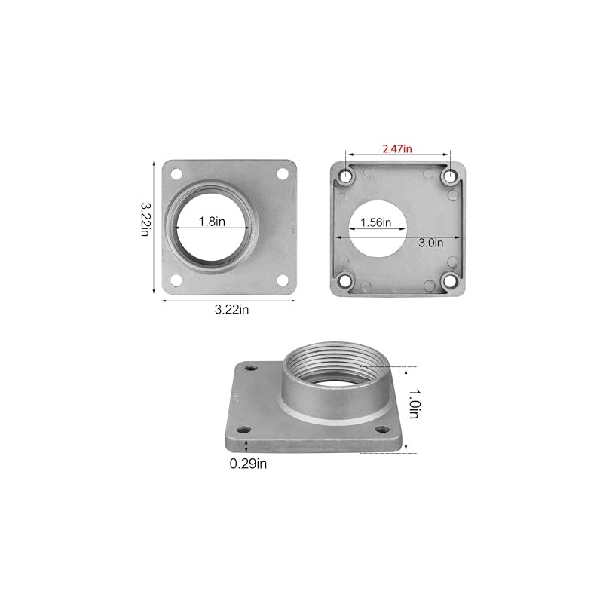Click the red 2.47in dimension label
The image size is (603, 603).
pyautogui.click(x=396, y=149)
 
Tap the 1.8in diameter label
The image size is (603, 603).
pyautogui.click(x=212, y=222)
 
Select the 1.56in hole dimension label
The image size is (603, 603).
pyautogui.click(x=375, y=222)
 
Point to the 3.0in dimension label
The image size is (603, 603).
pyautogui.click(x=430, y=243)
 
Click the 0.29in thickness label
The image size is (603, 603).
pyautogui.click(x=249, y=464)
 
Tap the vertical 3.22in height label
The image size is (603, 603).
pyautogui.click(x=146, y=218)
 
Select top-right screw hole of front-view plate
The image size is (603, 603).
pyautogui.click(x=283, y=173)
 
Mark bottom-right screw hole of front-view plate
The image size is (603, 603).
pyautogui.click(x=283, y=280)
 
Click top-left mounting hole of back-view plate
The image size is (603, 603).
pyautogui.click(x=346, y=176)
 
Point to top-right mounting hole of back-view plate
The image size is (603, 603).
pyautogui.click(x=449, y=176)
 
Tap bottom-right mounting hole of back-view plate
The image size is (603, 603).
pyautogui.click(x=449, y=281)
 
